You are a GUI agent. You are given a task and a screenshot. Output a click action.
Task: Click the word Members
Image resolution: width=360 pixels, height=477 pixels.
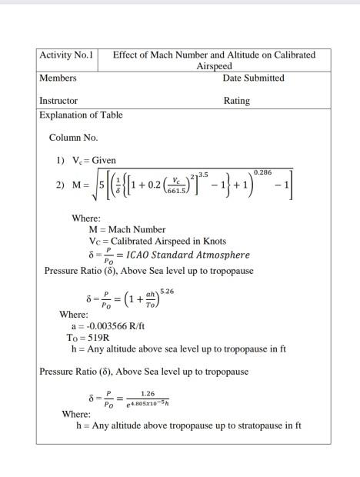pos(58,78)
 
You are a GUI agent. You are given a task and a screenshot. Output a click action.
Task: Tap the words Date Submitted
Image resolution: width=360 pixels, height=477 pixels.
pos(253,78)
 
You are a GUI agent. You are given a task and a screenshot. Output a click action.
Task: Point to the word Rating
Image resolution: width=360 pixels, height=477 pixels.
pos(236,101)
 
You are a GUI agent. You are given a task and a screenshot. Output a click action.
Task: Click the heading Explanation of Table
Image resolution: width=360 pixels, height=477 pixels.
pos(81,115)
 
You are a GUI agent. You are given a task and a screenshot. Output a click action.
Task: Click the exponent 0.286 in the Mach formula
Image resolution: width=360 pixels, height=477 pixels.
pos(263,173)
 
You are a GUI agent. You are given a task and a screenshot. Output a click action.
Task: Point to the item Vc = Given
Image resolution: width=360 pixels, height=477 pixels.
pos(94,160)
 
